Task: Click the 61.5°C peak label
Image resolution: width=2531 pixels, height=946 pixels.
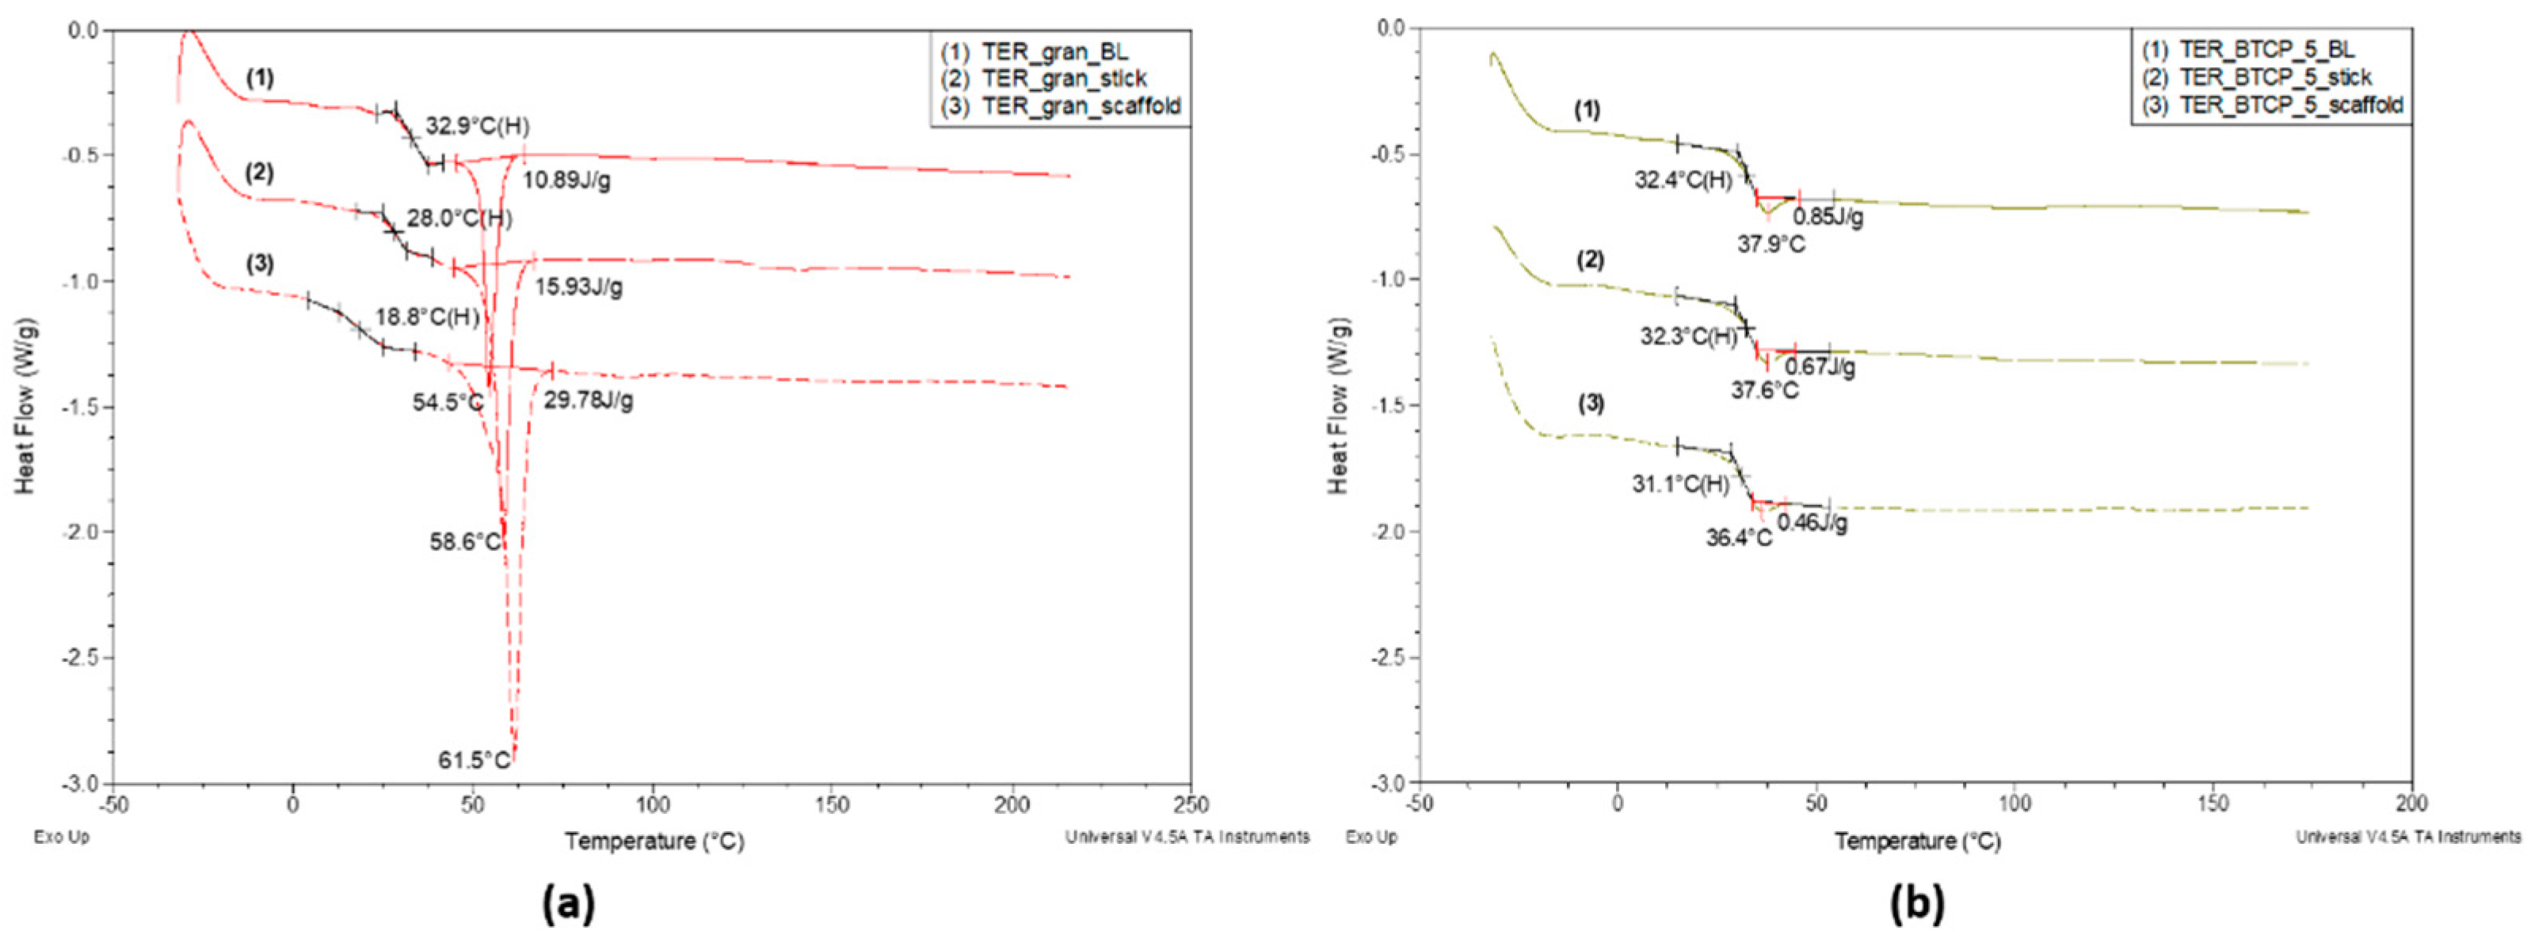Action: [x=475, y=760]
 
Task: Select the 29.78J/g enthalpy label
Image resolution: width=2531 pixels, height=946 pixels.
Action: [x=589, y=401]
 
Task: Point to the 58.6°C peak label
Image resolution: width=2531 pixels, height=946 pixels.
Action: [x=466, y=541]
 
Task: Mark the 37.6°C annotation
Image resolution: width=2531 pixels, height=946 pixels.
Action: [x=1765, y=391]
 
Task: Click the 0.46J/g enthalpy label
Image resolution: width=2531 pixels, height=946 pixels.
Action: [x=1812, y=522]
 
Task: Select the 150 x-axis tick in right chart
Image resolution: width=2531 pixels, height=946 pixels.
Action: [x=2213, y=804]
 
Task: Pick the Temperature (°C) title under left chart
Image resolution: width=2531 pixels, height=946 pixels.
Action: [x=654, y=841]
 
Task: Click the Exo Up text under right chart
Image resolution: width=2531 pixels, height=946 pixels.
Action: [x=1371, y=837]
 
